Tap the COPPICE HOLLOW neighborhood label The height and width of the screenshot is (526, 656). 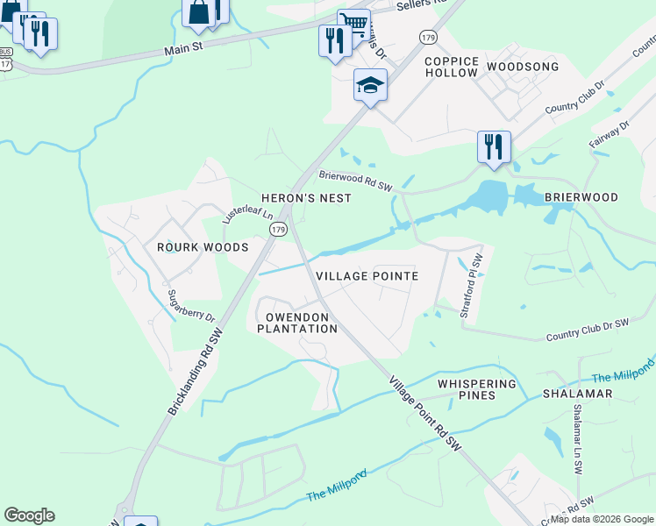point(452,68)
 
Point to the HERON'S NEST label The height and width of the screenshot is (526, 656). point(306,198)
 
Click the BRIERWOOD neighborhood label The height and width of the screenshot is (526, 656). point(581,197)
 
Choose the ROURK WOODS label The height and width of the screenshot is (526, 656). point(203,247)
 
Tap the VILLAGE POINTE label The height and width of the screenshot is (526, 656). point(367,275)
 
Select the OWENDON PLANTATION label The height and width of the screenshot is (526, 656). point(297,323)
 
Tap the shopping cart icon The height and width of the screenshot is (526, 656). point(353,21)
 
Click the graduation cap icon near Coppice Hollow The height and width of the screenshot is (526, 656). point(370,86)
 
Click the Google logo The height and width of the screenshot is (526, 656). point(29,515)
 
